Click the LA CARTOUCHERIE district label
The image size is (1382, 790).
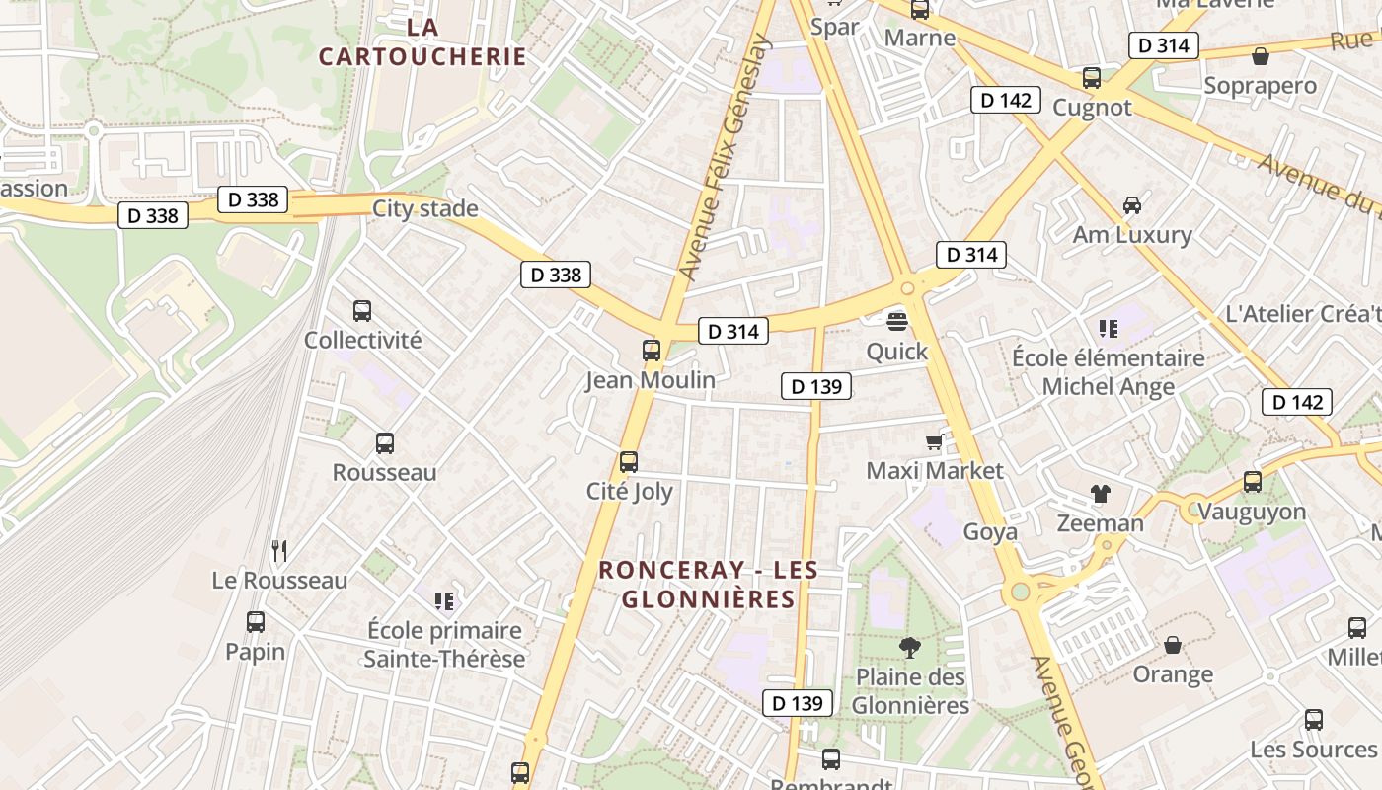tap(422, 41)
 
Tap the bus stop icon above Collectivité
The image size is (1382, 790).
tap(362, 311)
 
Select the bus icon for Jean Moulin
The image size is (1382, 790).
tap(652, 351)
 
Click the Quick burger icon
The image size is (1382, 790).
tap(897, 321)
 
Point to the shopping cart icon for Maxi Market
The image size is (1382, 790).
tap(934, 441)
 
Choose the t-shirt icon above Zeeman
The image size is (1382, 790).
tap(1100, 494)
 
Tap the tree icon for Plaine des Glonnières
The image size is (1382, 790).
tap(910, 648)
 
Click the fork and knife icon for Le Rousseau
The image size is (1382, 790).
tap(280, 551)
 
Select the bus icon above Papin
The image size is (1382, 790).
tap(256, 622)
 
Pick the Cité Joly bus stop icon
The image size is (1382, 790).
tap(629, 462)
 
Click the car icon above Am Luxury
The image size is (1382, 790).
tap(1132, 205)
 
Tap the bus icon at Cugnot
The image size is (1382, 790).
tap(1092, 78)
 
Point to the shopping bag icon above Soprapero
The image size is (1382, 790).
tap(1260, 56)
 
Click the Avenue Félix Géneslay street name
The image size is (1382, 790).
tap(723, 158)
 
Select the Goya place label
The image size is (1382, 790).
tap(990, 532)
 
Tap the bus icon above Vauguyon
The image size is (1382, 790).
tap(1253, 482)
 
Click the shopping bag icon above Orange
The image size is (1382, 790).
tap(1173, 645)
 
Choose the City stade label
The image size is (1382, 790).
tap(424, 208)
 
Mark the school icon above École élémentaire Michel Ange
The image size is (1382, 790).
tap(1108, 329)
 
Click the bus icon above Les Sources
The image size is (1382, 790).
tap(1314, 720)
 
